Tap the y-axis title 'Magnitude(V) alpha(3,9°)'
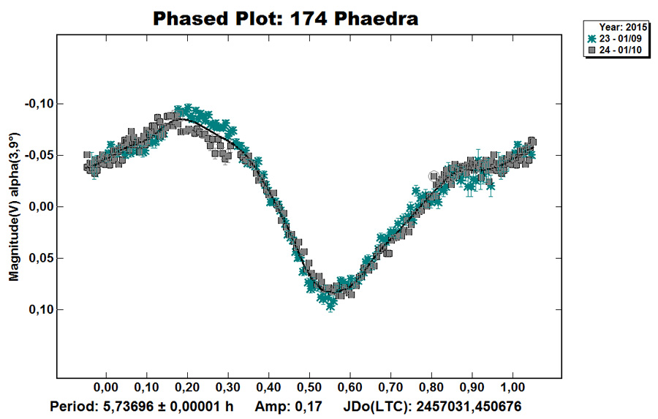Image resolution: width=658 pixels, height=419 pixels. pos(13,207)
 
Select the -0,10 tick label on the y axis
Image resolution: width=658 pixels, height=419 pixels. pos(39,104)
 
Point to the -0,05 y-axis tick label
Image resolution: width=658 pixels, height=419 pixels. pos(39,155)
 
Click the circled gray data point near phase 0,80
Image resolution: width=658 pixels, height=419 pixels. pos(434,176)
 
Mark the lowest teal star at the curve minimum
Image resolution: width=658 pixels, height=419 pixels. pos(330,306)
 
